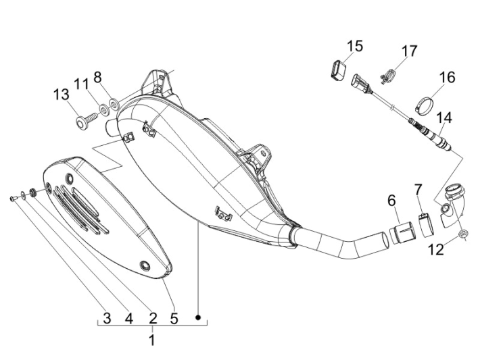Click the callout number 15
click(355, 46)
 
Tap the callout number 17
click(409, 51)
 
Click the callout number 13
click(61, 95)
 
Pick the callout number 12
click(436, 250)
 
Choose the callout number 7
click(418, 189)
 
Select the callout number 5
click(174, 317)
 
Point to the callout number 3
click(107, 317)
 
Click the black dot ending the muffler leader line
click(198, 317)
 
